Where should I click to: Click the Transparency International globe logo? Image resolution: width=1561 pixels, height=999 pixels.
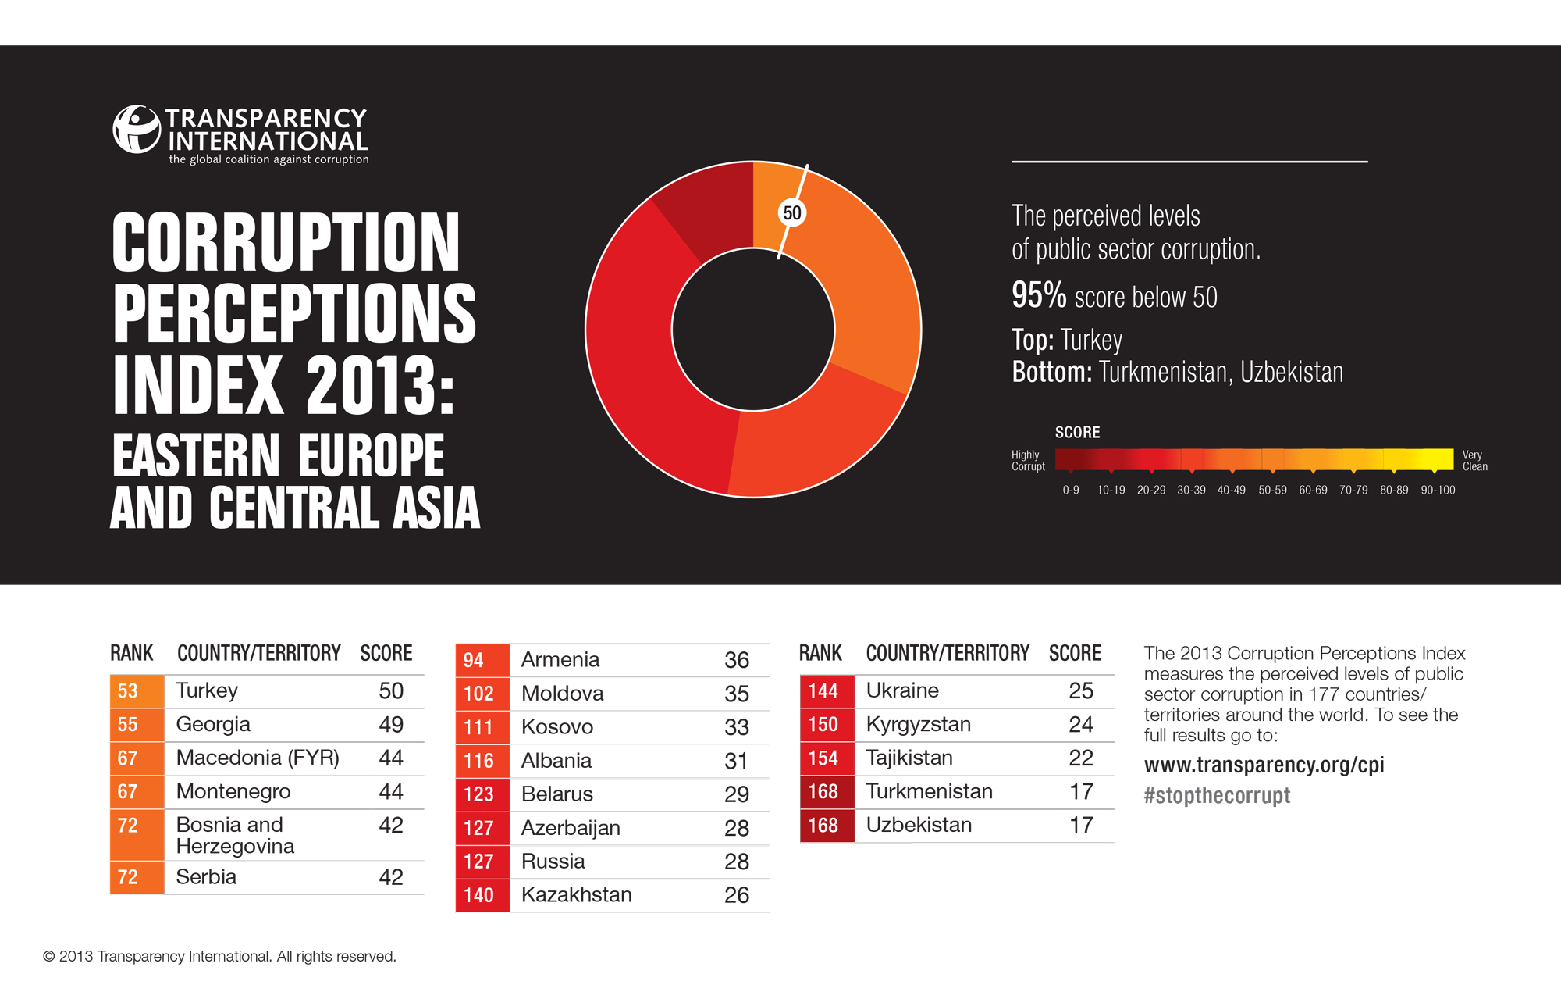coord(137,130)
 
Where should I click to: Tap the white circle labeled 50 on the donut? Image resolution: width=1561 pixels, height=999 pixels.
coord(791,212)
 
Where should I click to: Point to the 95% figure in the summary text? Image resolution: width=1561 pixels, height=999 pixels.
coord(1038,295)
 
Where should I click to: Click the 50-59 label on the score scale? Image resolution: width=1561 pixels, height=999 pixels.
coord(1272,490)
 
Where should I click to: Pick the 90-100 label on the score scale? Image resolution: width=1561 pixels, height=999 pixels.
coord(1438,490)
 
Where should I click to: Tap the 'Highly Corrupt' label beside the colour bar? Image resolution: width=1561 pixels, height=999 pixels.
coord(1027,461)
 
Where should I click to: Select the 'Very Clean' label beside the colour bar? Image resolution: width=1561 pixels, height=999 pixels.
coord(1474,461)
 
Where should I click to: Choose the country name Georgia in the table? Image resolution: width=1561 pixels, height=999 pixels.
coord(213,724)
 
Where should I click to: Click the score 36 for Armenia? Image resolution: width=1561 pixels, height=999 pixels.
coord(736,660)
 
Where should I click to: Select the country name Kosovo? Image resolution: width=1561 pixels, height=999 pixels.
coord(556,727)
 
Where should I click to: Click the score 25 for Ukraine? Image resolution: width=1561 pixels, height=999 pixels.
coord(1080,690)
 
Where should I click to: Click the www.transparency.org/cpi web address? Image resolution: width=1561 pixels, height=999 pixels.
coord(1264,765)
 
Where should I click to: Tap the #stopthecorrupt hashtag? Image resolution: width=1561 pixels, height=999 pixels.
coord(1216,796)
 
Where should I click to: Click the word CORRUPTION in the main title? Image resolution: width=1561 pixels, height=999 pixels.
coord(286,243)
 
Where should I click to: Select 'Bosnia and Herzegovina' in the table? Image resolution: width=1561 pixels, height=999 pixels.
coord(234,835)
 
